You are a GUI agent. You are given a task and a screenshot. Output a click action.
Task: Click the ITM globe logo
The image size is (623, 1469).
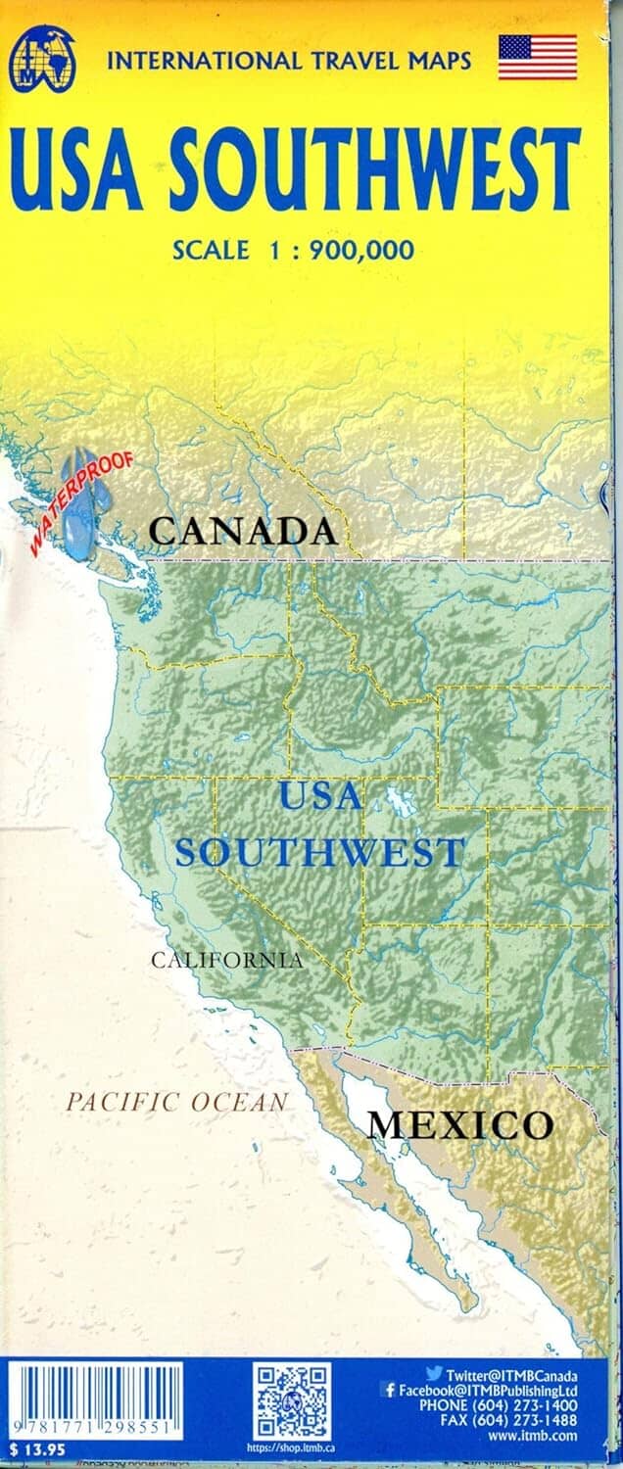click(x=43, y=56)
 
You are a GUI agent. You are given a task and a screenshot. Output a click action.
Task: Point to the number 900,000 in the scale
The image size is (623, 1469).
click(x=361, y=250)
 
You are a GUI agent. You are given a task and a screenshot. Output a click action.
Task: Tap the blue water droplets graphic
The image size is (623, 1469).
click(x=80, y=499)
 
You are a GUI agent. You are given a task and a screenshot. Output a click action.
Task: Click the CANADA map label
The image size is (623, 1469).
click(x=243, y=532)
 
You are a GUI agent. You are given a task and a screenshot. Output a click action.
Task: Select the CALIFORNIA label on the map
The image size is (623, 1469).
click(x=226, y=960)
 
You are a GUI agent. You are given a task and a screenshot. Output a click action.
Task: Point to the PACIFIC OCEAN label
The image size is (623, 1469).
click(x=177, y=1102)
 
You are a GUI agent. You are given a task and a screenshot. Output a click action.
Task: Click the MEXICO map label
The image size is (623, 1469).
click(x=459, y=1124)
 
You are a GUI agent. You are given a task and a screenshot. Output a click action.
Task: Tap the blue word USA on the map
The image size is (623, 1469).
click(x=319, y=795)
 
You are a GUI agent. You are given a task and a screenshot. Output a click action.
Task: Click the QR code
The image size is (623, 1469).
click(x=293, y=1401)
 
